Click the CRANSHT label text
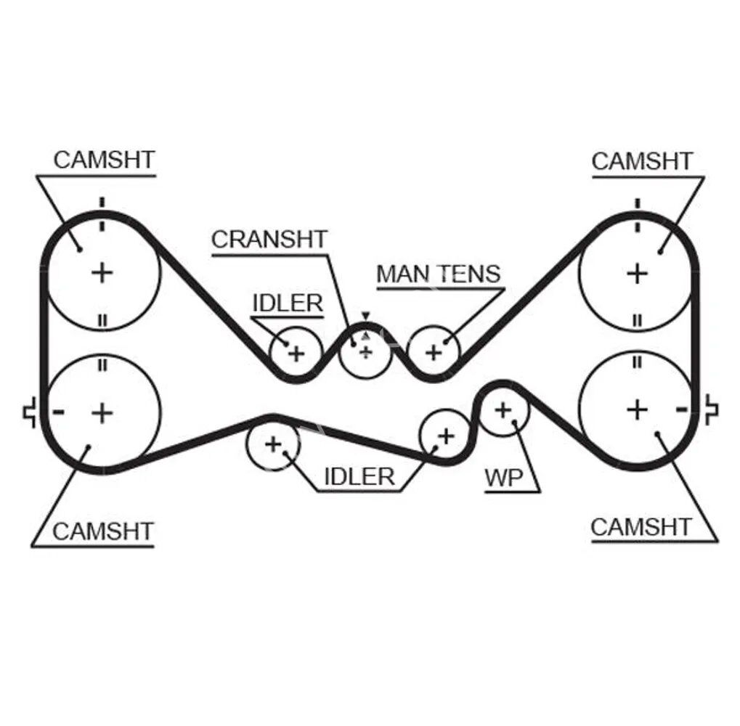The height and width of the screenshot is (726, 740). tap(269, 239)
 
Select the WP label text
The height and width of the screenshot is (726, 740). tap(503, 478)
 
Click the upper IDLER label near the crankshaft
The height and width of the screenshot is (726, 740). tap(287, 303)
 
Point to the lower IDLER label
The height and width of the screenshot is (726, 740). tap(359, 476)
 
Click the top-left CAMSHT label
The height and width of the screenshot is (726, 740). tap(105, 160)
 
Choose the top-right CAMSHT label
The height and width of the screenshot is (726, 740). tap(642, 160)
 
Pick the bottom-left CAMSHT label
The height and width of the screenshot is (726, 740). tap(103, 531)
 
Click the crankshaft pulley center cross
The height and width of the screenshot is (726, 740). tap(365, 352)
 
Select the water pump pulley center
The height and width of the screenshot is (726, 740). tap(503, 410)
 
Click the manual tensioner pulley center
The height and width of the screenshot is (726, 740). tap(434, 353)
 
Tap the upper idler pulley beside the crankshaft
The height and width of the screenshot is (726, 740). tap(296, 353)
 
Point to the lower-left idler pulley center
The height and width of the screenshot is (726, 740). tap(273, 443)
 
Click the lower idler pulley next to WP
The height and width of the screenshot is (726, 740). tap(445, 436)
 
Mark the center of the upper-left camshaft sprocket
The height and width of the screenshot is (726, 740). tap(102, 273)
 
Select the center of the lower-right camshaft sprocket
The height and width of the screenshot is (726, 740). tap(637, 409)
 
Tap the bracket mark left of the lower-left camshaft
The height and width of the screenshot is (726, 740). tap(31, 412)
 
